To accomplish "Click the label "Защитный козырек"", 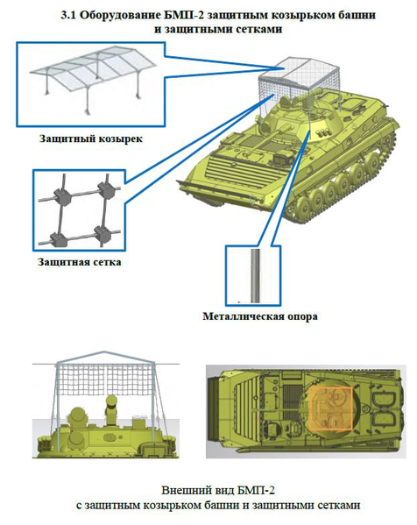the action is click(91, 138).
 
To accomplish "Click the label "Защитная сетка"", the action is click(80, 261).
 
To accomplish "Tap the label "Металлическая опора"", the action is click(259, 316).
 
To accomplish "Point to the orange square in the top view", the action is click(330, 408).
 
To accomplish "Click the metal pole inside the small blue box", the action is click(255, 275).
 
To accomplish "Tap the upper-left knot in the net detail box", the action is click(62, 195).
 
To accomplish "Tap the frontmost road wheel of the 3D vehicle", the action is click(305, 208).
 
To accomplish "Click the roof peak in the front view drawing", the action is click(105, 351).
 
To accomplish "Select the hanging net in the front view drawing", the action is click(105, 379).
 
